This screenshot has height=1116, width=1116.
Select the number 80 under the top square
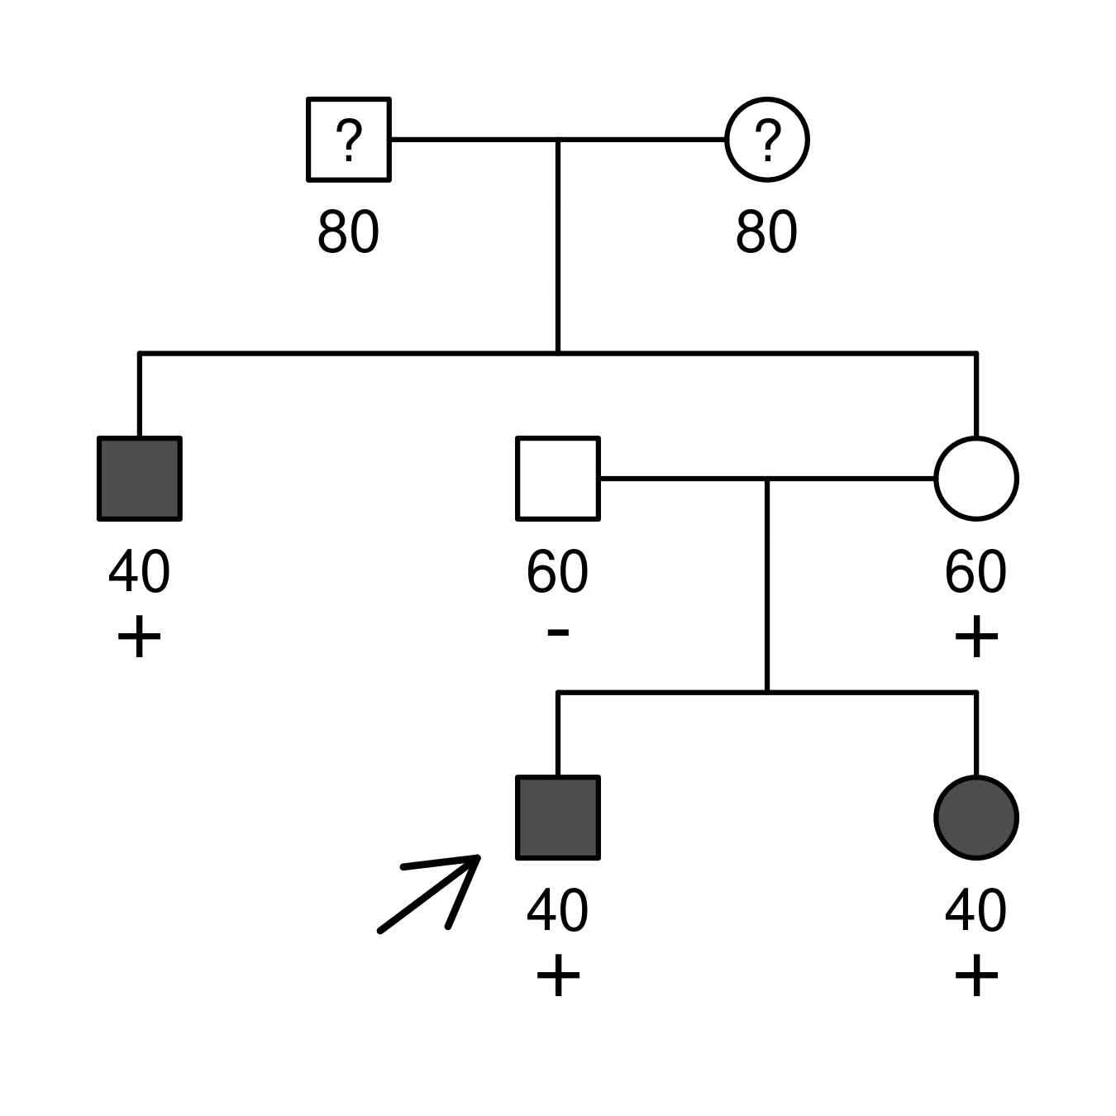[x=348, y=231]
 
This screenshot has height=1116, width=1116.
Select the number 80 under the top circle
[x=766, y=231]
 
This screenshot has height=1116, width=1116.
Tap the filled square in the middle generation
[x=140, y=479]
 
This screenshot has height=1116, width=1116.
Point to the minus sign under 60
[x=558, y=632]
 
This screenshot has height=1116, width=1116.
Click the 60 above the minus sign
[x=558, y=571]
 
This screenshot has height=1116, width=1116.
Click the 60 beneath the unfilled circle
[x=975, y=571]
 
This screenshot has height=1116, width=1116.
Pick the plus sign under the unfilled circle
[x=976, y=636]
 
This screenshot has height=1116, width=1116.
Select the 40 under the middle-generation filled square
[x=140, y=571]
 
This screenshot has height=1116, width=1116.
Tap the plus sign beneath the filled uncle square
[x=140, y=636]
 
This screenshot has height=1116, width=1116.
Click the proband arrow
[x=429, y=893]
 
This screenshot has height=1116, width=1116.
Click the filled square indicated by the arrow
[x=558, y=818]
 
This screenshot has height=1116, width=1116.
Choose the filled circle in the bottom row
[x=976, y=818]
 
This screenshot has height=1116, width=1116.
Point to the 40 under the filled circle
[x=975, y=910]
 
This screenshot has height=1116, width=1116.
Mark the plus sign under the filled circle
[x=976, y=975]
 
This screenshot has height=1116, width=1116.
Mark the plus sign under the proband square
[x=558, y=975]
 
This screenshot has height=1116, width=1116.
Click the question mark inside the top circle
[x=767, y=140]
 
